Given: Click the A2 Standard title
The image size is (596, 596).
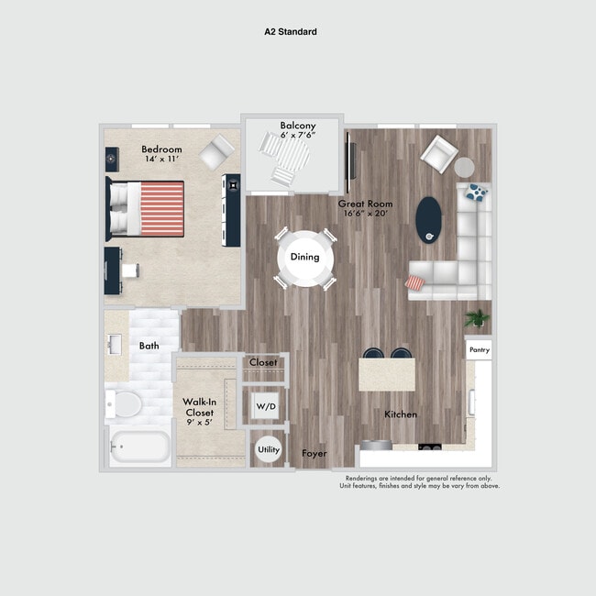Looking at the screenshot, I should click(x=291, y=31).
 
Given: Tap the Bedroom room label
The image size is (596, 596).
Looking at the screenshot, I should click(x=161, y=149).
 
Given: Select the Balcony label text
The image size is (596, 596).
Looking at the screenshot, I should click(x=298, y=126).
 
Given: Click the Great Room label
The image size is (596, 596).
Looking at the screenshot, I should click(x=365, y=203).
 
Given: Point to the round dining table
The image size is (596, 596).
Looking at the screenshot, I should click(x=305, y=257).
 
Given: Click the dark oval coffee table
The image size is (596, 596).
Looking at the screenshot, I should click(x=428, y=220).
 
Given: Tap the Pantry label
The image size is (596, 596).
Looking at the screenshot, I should click(x=479, y=350).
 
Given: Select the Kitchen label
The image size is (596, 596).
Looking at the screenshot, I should click(x=401, y=414).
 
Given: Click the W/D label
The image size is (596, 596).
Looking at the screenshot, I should click(x=265, y=405).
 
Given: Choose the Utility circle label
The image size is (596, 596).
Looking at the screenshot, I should click(x=268, y=450).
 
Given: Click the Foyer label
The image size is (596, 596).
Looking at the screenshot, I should click(x=315, y=453).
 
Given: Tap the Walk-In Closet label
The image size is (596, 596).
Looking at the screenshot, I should click(x=199, y=407).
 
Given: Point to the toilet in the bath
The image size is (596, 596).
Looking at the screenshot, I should click(x=125, y=403).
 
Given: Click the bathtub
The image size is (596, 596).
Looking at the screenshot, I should click(x=139, y=447).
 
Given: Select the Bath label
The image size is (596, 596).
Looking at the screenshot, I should click(x=149, y=347).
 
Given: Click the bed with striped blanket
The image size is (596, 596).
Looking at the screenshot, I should click(x=147, y=206).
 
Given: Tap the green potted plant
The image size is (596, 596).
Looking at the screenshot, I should click(x=477, y=318).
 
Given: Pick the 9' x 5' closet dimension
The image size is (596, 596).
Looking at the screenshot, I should click(x=199, y=423).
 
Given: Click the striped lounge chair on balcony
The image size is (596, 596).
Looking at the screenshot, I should click(x=281, y=162).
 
